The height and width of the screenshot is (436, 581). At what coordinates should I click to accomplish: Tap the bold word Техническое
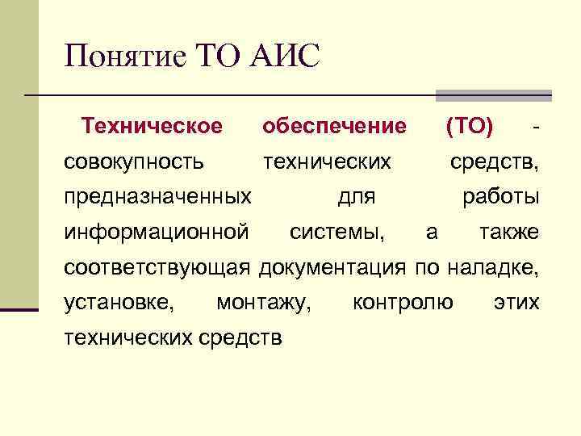click(x=152, y=126)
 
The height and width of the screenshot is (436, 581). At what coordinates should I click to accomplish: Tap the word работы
click(x=500, y=197)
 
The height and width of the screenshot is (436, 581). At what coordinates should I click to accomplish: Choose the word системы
click(x=337, y=233)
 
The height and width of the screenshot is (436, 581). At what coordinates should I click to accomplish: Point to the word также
click(x=509, y=233)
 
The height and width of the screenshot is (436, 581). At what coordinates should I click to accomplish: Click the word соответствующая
click(x=159, y=267)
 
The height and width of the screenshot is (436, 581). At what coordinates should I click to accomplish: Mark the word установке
click(x=118, y=303)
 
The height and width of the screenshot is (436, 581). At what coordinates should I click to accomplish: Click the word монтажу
click(x=264, y=303)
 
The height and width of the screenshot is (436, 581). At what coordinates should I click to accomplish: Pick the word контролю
click(x=403, y=303)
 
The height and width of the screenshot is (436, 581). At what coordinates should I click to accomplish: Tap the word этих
click(x=516, y=303)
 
